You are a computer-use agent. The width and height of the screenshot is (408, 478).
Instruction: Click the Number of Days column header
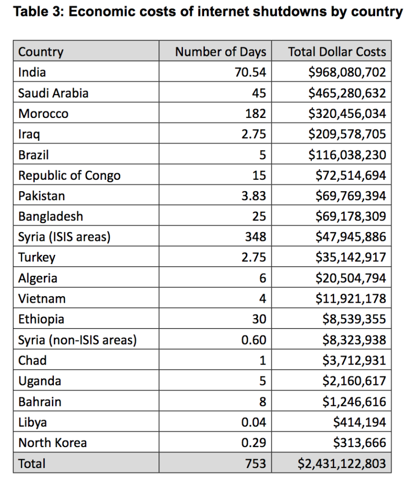coord(220,51)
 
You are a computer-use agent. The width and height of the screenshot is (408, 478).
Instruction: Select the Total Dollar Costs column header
coord(337,51)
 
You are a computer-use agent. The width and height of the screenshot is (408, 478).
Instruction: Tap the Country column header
coord(40,52)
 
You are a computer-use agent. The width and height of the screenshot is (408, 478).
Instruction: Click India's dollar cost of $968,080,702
coord(347,72)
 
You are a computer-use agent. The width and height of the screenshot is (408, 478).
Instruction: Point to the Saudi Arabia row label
coord(53,93)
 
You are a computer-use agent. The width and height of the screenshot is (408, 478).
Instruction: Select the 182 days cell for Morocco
coord(255,114)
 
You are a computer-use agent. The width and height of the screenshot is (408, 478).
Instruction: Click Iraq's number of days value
coord(254,134)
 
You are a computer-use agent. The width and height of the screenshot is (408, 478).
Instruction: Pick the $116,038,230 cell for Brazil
coord(347,154)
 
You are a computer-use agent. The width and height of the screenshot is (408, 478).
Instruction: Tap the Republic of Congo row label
coord(69,176)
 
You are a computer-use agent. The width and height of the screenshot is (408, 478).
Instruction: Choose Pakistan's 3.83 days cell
coord(254,196)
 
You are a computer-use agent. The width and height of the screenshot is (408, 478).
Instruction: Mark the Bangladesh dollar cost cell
coord(351,216)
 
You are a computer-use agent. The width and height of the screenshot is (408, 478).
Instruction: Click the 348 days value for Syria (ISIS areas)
coord(255,237)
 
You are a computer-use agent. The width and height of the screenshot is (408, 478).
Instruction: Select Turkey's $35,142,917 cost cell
coord(351,257)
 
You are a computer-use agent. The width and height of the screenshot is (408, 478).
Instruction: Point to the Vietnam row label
coord(42,298)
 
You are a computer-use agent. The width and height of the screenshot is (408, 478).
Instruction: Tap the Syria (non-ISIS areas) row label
coord(77,340)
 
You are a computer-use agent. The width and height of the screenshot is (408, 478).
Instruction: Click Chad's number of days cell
coord(263,360)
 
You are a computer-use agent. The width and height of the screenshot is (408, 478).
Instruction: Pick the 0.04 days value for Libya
coord(254,422)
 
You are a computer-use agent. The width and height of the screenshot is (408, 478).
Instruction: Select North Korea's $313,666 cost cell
coord(360,443)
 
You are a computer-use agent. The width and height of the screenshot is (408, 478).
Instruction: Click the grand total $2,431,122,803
coord(342,464)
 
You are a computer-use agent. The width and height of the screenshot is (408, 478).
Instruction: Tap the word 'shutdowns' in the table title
coord(290,11)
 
